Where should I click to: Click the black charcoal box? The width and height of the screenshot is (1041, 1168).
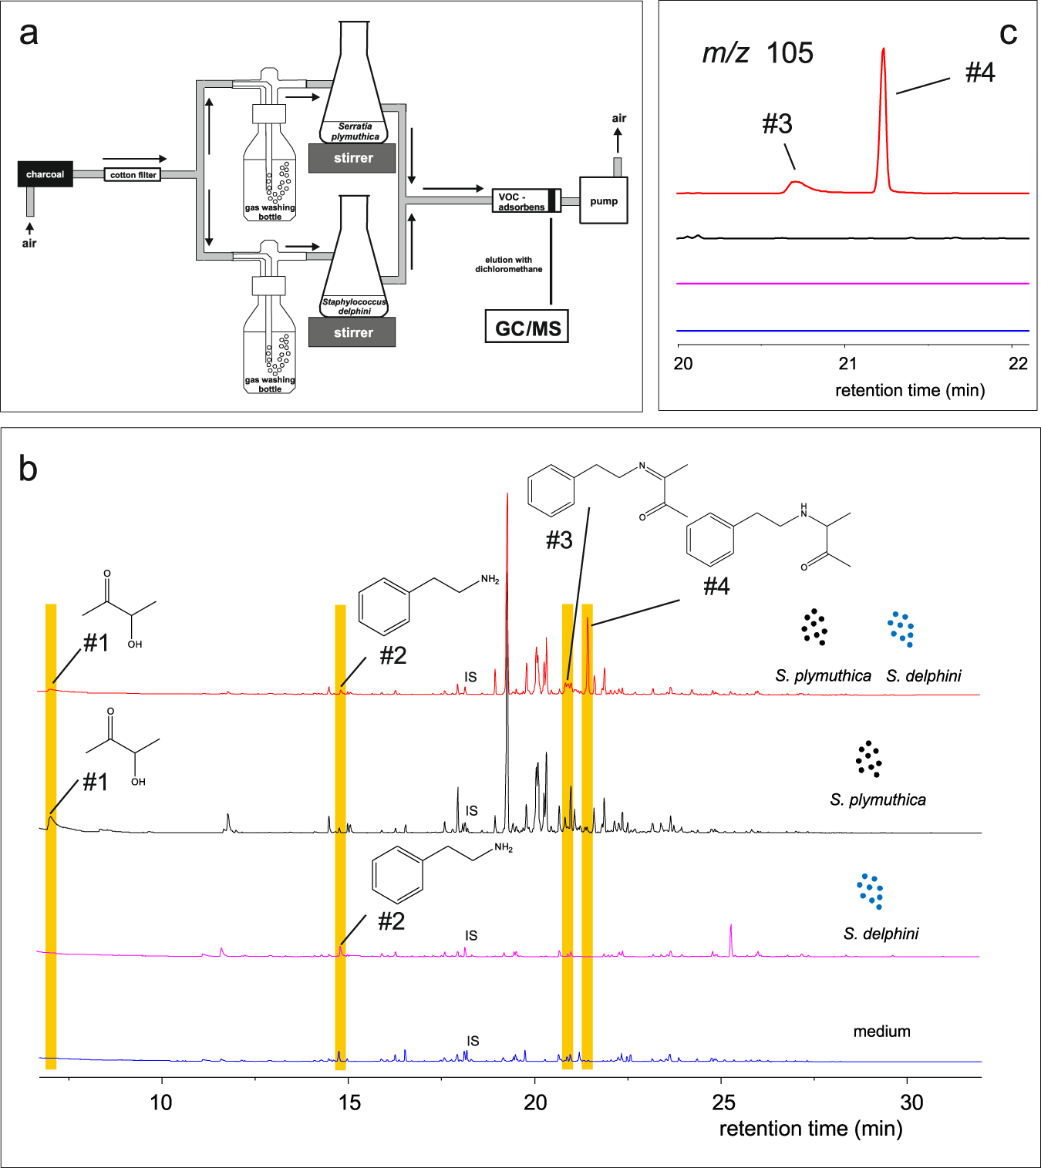tap(45, 174)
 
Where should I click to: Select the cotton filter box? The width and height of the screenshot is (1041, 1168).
tap(133, 175)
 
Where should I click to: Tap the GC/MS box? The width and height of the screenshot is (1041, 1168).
tap(527, 328)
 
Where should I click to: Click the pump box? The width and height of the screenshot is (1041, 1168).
tap(603, 201)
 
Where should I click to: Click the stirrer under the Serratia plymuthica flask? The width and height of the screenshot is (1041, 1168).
tap(352, 158)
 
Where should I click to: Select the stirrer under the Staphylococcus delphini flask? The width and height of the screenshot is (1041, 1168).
tap(352, 332)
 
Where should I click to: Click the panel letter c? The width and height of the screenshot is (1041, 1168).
tap(1008, 33)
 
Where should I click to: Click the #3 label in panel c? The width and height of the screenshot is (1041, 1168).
tap(777, 124)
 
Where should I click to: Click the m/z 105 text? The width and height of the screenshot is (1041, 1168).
tap(757, 53)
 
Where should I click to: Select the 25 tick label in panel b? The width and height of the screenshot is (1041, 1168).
tap(723, 1102)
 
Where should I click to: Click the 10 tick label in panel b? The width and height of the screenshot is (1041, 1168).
tap(161, 1102)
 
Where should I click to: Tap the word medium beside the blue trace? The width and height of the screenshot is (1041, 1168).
tap(881, 1032)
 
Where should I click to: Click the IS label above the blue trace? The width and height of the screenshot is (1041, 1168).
tap(473, 1041)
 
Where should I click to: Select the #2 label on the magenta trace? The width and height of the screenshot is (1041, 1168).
tap(392, 921)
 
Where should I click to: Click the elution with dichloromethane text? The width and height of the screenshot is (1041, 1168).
tap(508, 264)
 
